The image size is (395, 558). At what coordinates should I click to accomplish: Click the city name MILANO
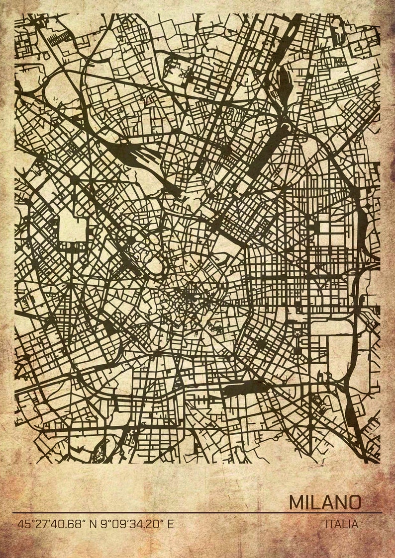[x=325, y=502]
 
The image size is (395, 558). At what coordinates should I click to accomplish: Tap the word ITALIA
[x=341, y=524]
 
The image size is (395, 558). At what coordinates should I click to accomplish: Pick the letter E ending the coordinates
[x=171, y=524]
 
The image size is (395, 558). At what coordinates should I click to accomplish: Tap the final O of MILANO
[x=354, y=502]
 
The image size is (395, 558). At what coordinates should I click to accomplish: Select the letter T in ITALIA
[x=333, y=524]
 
